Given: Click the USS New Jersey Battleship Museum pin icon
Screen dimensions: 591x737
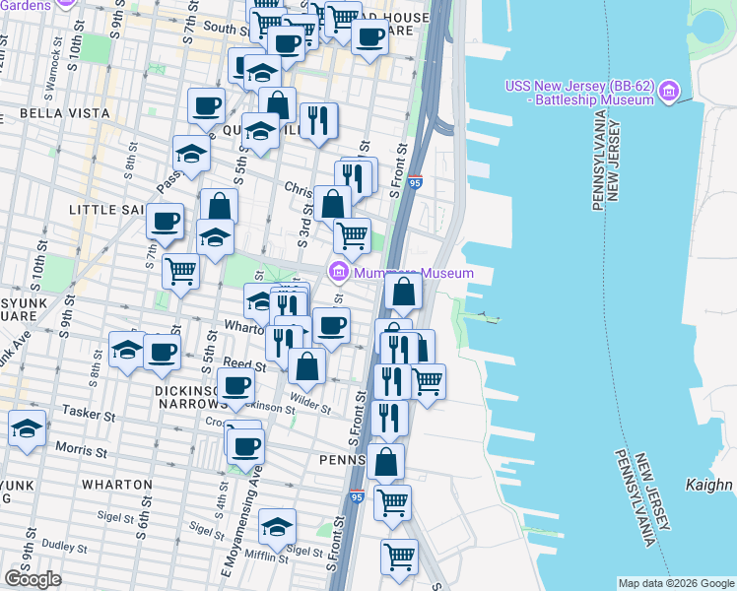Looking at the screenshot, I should [x=669, y=93].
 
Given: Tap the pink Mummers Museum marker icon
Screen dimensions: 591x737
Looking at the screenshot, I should [x=338, y=272].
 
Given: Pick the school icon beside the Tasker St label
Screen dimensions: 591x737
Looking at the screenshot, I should [x=27, y=428].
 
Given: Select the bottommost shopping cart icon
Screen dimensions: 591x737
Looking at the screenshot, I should [x=399, y=557].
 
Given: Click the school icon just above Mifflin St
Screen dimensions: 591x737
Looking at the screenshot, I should [x=278, y=527].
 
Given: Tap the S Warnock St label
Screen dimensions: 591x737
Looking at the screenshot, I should [x=46, y=68].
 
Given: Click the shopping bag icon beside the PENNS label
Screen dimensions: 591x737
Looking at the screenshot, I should [x=385, y=460].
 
